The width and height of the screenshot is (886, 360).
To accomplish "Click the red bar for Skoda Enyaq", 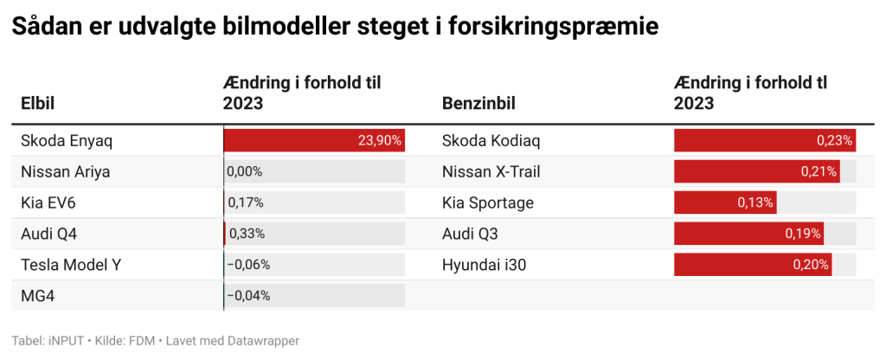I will click(314, 140).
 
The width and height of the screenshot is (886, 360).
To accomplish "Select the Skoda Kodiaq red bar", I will click(764, 140).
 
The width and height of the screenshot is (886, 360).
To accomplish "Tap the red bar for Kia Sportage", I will click(725, 202).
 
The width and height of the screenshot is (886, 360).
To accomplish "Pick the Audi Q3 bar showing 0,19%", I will click(748, 234).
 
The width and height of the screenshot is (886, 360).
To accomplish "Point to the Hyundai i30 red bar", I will click(753, 265).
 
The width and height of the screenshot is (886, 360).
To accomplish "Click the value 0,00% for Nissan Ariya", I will click(245, 171).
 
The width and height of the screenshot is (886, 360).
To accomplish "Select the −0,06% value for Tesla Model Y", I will click(248, 265).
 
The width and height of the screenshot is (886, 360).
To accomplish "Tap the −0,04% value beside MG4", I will click(248, 296).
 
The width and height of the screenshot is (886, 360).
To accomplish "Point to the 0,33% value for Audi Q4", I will click(246, 234).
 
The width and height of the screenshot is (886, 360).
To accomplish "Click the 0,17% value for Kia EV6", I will click(246, 202).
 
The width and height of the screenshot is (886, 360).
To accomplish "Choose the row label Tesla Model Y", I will click(71, 265).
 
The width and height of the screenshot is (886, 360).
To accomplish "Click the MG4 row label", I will click(37, 296).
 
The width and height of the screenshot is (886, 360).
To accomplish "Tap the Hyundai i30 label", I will click(484, 265).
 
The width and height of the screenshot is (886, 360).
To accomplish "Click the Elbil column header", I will click(38, 104).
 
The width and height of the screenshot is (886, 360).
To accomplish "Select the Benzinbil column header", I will click(478, 104).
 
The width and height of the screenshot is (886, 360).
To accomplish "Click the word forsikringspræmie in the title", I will click(548, 28).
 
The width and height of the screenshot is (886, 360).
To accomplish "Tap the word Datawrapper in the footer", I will click(260, 341).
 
